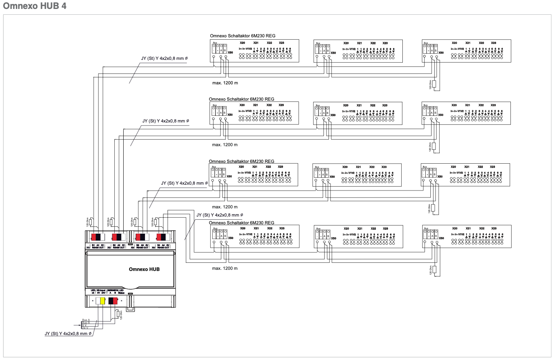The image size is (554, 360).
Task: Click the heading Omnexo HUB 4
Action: click(35, 6)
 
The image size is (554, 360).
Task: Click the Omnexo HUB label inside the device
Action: click(144, 269)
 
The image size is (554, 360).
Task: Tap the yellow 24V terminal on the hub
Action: click(103, 301)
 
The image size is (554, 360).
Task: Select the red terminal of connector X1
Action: click(94, 237)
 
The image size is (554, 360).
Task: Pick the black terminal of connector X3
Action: click(143, 237)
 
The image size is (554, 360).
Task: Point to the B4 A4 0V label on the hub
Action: click(163, 245)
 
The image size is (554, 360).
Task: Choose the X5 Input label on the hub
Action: click(101, 290)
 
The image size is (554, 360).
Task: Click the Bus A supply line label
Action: click(86, 320)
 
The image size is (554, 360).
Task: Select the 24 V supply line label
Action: click(85, 328)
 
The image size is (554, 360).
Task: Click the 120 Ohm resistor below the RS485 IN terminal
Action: click(117, 314)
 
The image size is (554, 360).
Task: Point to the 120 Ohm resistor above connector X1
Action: click(91, 222)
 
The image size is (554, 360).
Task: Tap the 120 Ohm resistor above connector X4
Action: click(156, 222)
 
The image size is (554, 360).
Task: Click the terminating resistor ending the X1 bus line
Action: click(434, 84)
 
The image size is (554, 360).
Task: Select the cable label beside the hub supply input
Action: click(68, 334)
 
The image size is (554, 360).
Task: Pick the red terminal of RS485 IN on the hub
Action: click(115, 301)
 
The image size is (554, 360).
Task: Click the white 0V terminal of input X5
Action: click(98, 301)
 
